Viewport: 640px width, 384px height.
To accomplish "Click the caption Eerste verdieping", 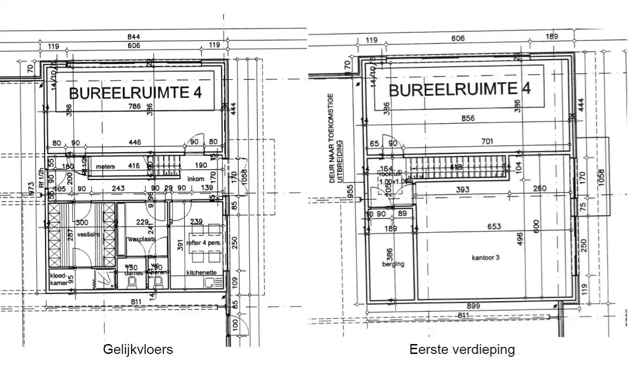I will pos(462,350).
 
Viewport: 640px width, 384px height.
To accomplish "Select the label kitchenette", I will pos(201,273).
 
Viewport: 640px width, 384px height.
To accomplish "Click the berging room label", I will pos(393,264).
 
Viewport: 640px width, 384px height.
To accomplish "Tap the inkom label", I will pos(195,179).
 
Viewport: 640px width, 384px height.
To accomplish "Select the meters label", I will pos(105,166).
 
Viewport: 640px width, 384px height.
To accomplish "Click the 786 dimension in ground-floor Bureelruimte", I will pos(134,106).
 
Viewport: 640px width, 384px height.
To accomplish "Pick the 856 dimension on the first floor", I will pos(468,118).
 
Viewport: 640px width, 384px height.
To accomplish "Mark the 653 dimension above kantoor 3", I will pos(494,227).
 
